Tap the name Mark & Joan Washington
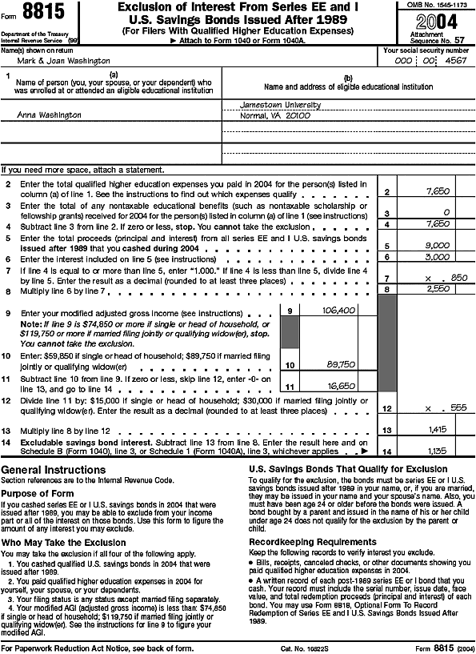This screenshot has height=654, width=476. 47,61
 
